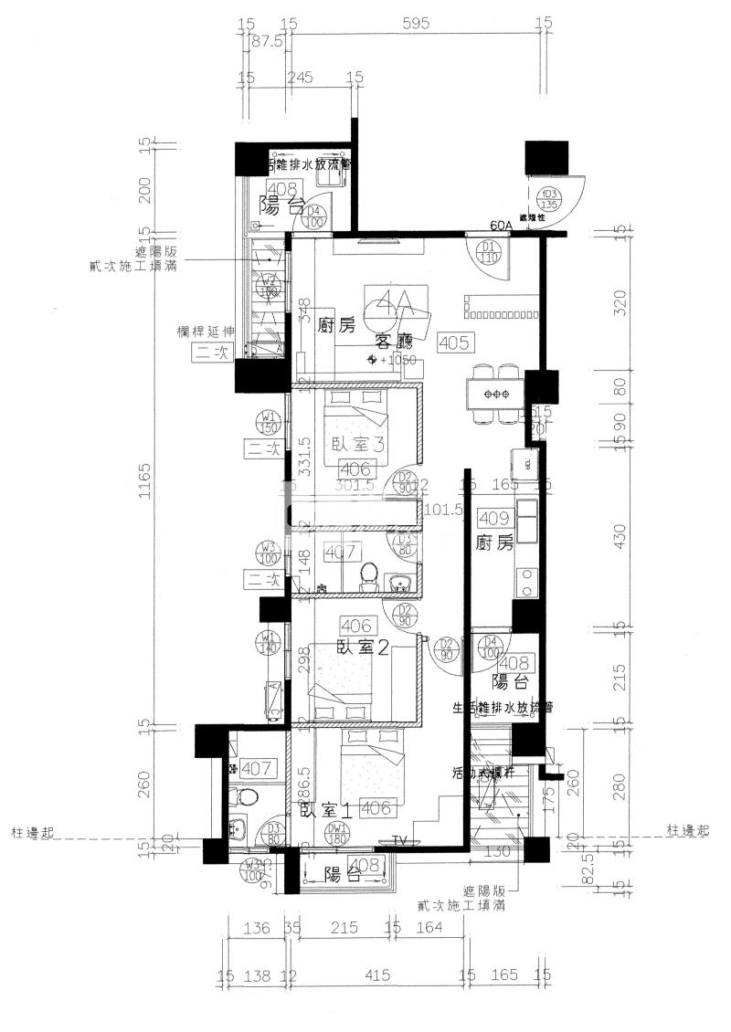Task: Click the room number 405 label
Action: pos(454,343)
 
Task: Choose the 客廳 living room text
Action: pos(394,342)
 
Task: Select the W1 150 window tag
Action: pos(269,423)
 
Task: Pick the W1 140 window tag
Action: pos(269,641)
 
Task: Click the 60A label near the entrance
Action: pos(502,226)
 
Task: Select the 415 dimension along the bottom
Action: pos(376,976)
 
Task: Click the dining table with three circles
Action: pos(496,394)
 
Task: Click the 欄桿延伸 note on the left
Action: pos(204,332)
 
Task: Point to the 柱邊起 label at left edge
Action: pos(35,831)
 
